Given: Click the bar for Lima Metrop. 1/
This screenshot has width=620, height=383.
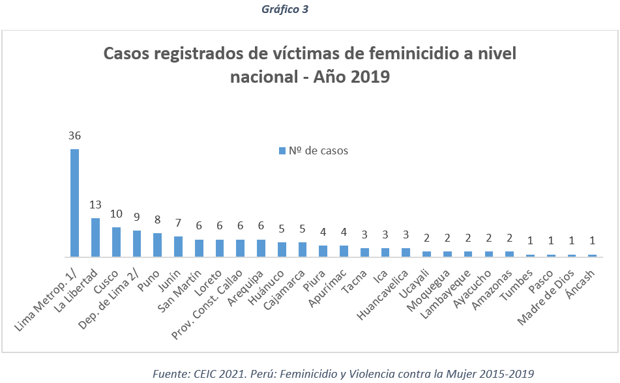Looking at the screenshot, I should (x=75, y=203).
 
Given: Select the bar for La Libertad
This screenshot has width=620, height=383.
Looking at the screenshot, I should (x=95, y=237).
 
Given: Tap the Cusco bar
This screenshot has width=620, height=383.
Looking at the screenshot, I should (x=116, y=242).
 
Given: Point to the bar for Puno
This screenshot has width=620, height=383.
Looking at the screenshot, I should (x=157, y=244).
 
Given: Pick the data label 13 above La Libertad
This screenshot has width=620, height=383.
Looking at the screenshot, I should (x=95, y=206).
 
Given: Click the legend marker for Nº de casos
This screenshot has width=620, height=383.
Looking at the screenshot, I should (x=282, y=151).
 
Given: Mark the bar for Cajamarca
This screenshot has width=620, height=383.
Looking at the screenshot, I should (x=302, y=249).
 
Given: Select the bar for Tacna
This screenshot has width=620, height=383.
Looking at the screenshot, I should (x=364, y=252).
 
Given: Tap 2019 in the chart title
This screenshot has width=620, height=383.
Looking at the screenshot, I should (x=369, y=77).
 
